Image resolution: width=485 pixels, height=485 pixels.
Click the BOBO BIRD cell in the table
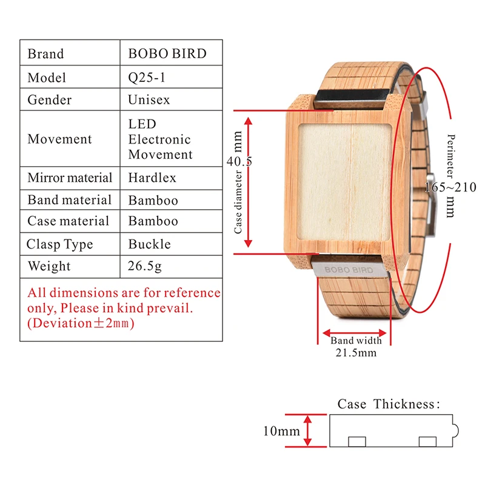point(167,53)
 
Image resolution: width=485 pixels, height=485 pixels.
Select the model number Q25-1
point(147,78)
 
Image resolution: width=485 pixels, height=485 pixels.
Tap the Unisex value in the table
point(149,99)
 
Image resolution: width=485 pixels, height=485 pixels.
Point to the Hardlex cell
point(152,178)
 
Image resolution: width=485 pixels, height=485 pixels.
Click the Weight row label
point(49,266)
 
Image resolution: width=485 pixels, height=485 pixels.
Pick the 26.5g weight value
point(144,266)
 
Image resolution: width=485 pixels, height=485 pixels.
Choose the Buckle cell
point(149,244)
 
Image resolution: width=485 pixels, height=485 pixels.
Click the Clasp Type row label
point(59,244)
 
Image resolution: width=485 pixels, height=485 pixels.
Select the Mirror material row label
point(70,178)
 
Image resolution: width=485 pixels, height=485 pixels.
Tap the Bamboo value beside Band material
point(153,201)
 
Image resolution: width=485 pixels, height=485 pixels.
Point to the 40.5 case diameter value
point(239,161)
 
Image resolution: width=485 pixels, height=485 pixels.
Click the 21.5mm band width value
point(356,353)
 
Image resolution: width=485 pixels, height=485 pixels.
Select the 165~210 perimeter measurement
point(450,187)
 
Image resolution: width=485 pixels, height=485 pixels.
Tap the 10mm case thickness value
point(281,431)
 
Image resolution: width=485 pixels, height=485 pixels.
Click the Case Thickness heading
point(389,404)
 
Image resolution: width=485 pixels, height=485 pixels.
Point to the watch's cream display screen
point(344,182)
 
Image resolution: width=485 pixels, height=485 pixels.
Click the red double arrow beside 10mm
point(307,430)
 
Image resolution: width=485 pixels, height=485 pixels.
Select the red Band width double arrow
point(355,333)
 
